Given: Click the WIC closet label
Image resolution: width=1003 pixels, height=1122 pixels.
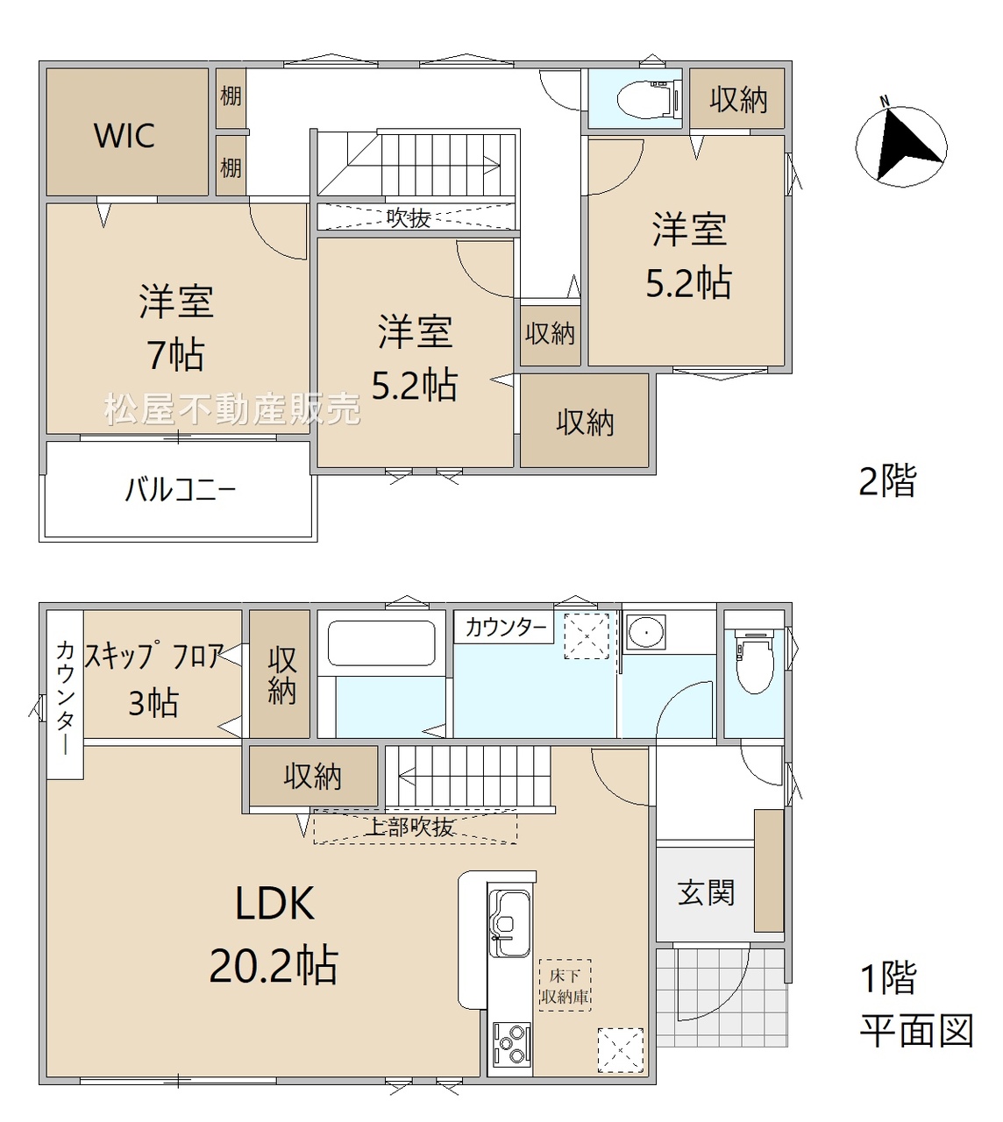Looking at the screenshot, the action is [124, 136].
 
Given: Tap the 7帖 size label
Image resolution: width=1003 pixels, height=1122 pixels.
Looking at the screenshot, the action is [175, 355].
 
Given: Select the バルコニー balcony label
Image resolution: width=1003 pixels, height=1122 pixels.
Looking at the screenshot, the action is [180, 489].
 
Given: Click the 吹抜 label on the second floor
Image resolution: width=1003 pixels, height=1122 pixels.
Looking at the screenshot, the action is [409, 218].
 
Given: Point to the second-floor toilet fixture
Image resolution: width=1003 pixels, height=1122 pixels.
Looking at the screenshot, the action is [648, 99].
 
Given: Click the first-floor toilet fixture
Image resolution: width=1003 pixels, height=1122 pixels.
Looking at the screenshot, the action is [755, 663].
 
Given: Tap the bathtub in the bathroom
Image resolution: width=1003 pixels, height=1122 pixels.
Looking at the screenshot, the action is [381, 643].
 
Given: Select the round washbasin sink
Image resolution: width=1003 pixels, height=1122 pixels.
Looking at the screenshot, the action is [644, 632].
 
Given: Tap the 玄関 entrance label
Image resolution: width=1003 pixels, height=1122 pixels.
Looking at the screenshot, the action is [706, 892].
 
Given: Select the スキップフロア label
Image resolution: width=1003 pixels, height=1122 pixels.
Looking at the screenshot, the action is [154, 656].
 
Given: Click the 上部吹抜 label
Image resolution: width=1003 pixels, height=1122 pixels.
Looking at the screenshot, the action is [410, 827].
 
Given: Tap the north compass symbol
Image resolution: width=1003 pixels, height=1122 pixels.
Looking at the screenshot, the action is [901, 146].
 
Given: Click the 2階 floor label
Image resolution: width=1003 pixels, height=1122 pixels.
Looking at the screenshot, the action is [887, 480].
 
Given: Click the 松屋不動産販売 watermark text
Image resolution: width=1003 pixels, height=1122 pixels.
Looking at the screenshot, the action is [232, 409].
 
